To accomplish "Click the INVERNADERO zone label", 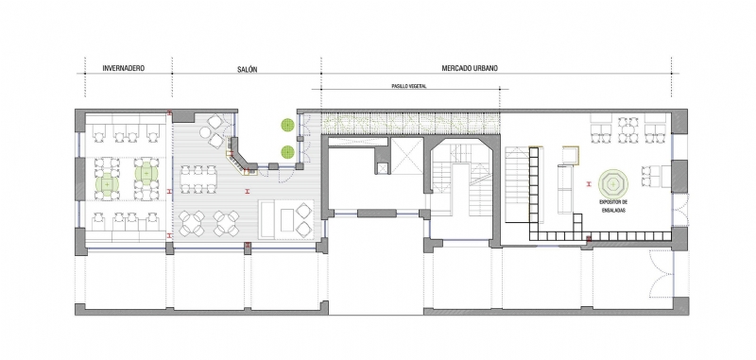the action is point(124,68).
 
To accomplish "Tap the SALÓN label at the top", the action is point(248,69).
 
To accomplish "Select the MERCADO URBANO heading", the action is point(470,68).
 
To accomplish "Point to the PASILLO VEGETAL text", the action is point(409,86).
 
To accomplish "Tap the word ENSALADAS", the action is point(613,211).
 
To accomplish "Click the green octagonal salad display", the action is point(612,183).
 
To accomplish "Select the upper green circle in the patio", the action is point(288,126).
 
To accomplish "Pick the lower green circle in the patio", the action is point(288,152).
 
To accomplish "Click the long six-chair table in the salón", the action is point(198,180).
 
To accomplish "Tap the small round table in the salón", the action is point(205,132).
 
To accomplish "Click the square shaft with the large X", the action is point(405,156).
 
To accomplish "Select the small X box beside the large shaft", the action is point(382,168).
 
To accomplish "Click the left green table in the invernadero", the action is point(107,183).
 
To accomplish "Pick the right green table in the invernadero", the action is point(146,172).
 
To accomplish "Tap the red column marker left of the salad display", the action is point(589,183).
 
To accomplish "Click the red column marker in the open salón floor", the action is point(248,191).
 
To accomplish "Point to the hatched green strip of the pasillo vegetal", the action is point(410,123).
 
